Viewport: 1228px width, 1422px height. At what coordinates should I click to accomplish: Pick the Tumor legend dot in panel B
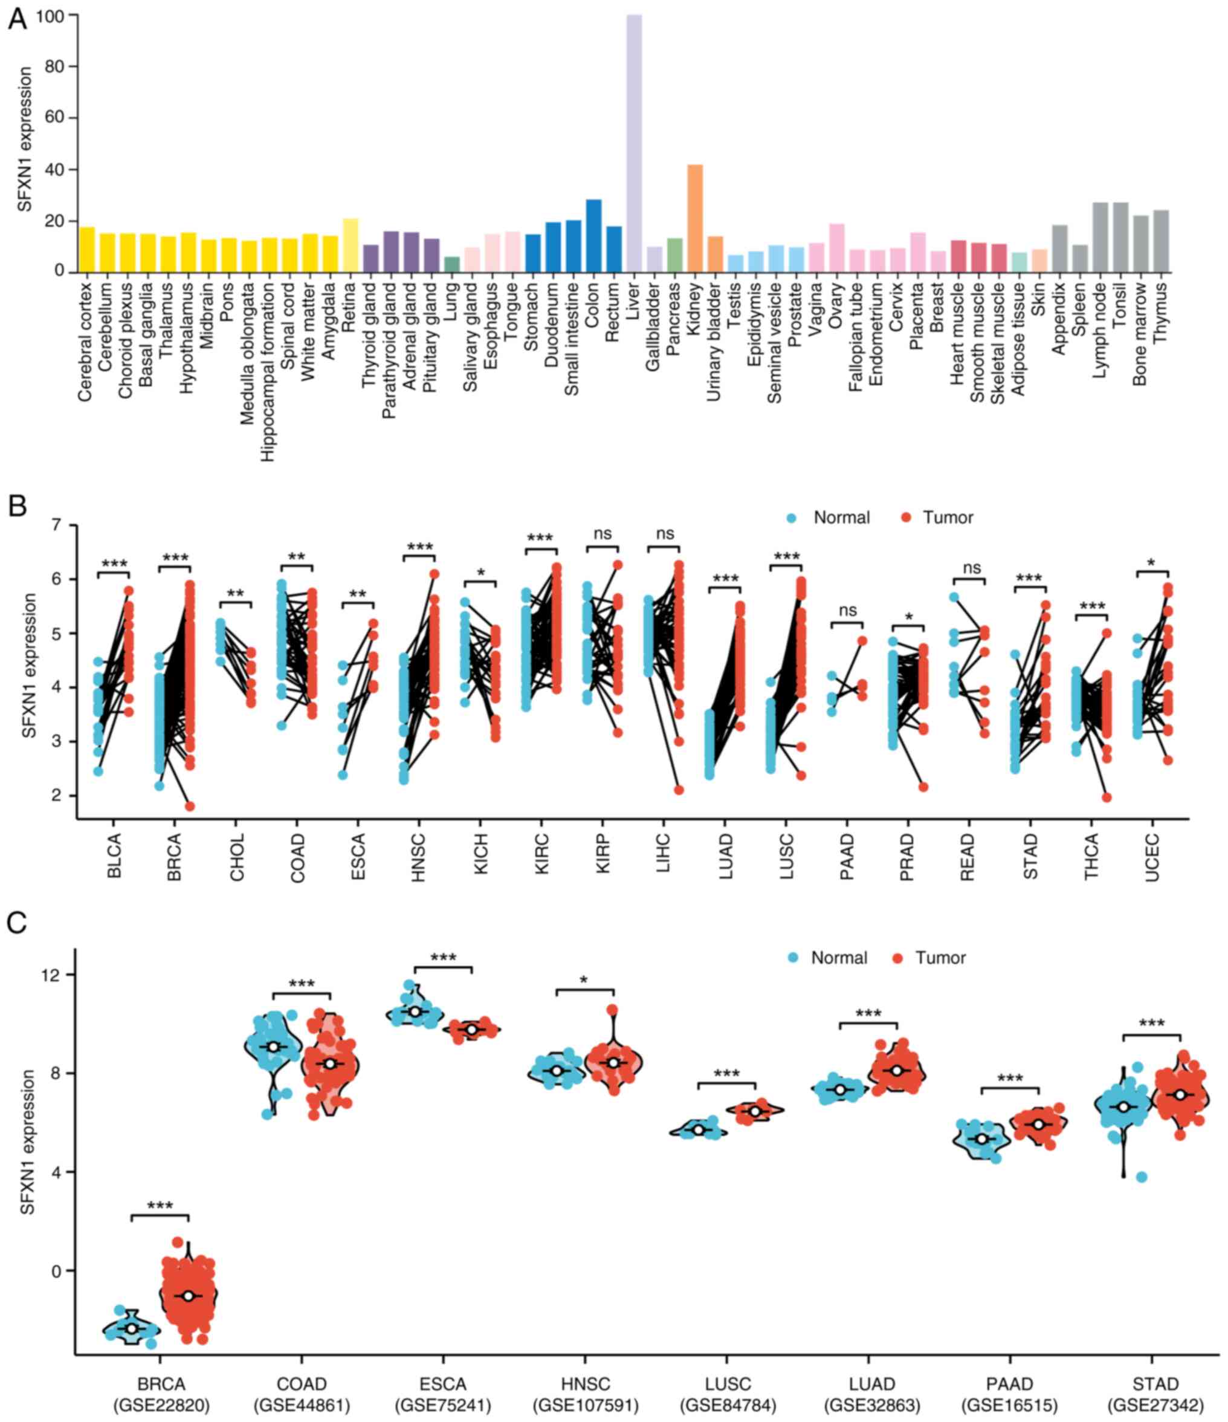(907, 518)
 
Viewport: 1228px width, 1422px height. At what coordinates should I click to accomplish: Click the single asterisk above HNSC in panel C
(584, 979)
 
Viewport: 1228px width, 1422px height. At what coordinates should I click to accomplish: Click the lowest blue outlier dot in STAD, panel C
(1141, 1177)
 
